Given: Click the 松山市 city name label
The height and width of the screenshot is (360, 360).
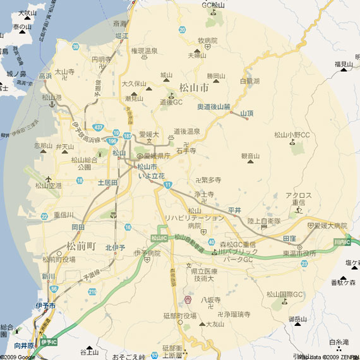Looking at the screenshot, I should coord(194,88).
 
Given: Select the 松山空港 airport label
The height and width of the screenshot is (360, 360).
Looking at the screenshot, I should coord(49,185).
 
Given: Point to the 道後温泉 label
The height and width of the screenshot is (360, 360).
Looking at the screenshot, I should coord(187,131).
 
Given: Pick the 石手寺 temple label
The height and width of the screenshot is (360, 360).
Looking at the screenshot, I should coord(186,151).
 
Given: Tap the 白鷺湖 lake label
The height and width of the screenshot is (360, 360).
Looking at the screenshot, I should coord(250,81).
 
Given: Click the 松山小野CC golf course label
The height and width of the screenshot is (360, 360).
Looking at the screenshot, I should coord(292,135).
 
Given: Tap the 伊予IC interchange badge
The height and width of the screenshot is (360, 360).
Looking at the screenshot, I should coord(48,342).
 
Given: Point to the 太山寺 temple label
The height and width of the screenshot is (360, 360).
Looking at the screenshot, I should coord(64,72).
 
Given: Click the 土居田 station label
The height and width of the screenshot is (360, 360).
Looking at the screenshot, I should coord(107,182).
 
